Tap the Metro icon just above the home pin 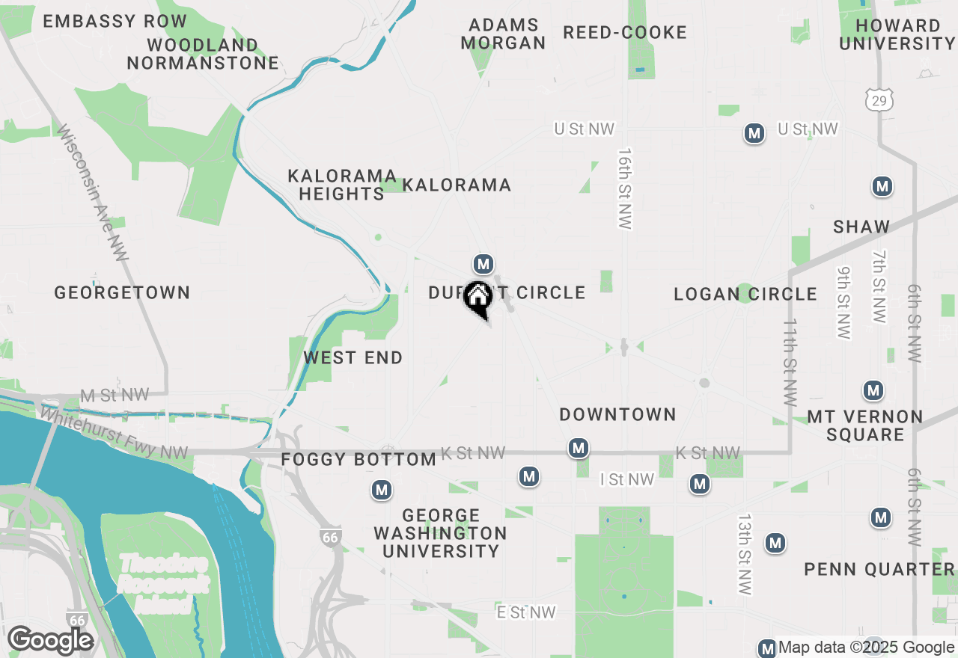tap(483, 264)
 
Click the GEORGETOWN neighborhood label tap(122, 292)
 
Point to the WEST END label tap(353, 358)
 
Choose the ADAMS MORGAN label tap(504, 34)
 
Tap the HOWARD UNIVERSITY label tap(897, 34)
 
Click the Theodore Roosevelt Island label tap(163, 584)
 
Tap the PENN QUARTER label tap(879, 570)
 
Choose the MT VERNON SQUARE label tap(865, 425)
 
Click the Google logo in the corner tap(50, 641)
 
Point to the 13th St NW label tap(744, 554)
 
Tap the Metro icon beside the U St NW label tap(754, 134)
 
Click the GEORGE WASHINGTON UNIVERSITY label tap(440, 533)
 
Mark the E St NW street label tap(526, 612)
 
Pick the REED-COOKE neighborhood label tap(625, 33)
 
